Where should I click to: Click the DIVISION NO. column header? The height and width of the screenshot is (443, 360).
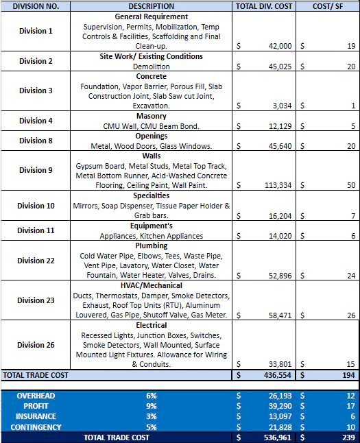tap(35, 6)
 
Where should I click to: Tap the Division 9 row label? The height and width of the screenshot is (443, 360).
tap(36, 170)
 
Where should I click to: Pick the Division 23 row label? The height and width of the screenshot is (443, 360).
tap(36, 300)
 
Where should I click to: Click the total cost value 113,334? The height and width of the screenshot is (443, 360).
tap(276, 185)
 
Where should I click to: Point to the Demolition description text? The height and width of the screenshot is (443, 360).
tap(151, 67)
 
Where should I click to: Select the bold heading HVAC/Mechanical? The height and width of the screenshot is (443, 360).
tap(150, 285)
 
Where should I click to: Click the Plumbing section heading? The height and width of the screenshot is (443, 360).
tap(150, 245)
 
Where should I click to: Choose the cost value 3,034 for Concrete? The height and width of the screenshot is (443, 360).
tap(281, 106)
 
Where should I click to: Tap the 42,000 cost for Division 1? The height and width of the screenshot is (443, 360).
tap(278, 46)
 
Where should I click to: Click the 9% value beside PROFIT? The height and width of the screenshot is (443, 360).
tap(151, 406)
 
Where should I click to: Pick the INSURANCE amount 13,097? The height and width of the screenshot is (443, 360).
tap(278, 416)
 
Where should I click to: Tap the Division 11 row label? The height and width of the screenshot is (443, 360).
tap(36, 230)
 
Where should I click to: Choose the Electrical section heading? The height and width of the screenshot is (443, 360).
tap(150, 324)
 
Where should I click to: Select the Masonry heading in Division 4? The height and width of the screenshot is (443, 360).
tap(150, 117)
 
